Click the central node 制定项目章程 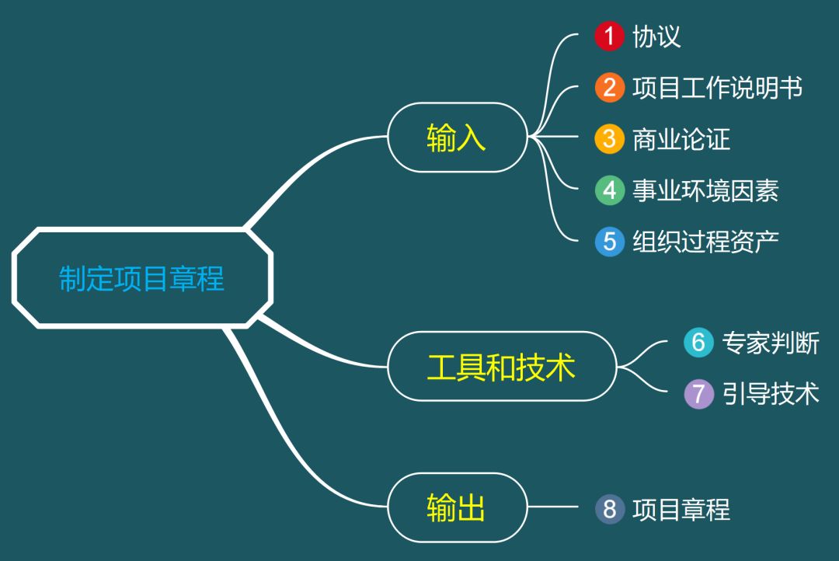141,277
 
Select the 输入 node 457,138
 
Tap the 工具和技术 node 501,367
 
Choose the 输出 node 457,508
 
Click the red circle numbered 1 610,37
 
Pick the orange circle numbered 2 610,88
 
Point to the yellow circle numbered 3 610,139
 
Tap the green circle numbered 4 610,190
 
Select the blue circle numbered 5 610,242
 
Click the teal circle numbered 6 698,343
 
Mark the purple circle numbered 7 698,393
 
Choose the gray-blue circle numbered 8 610,509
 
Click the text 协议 656,37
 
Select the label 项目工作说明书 717,88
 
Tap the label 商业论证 681,139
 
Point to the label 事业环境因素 705,190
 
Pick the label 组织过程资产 705,242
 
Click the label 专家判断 771,343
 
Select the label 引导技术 771,393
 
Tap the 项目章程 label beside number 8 681,509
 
